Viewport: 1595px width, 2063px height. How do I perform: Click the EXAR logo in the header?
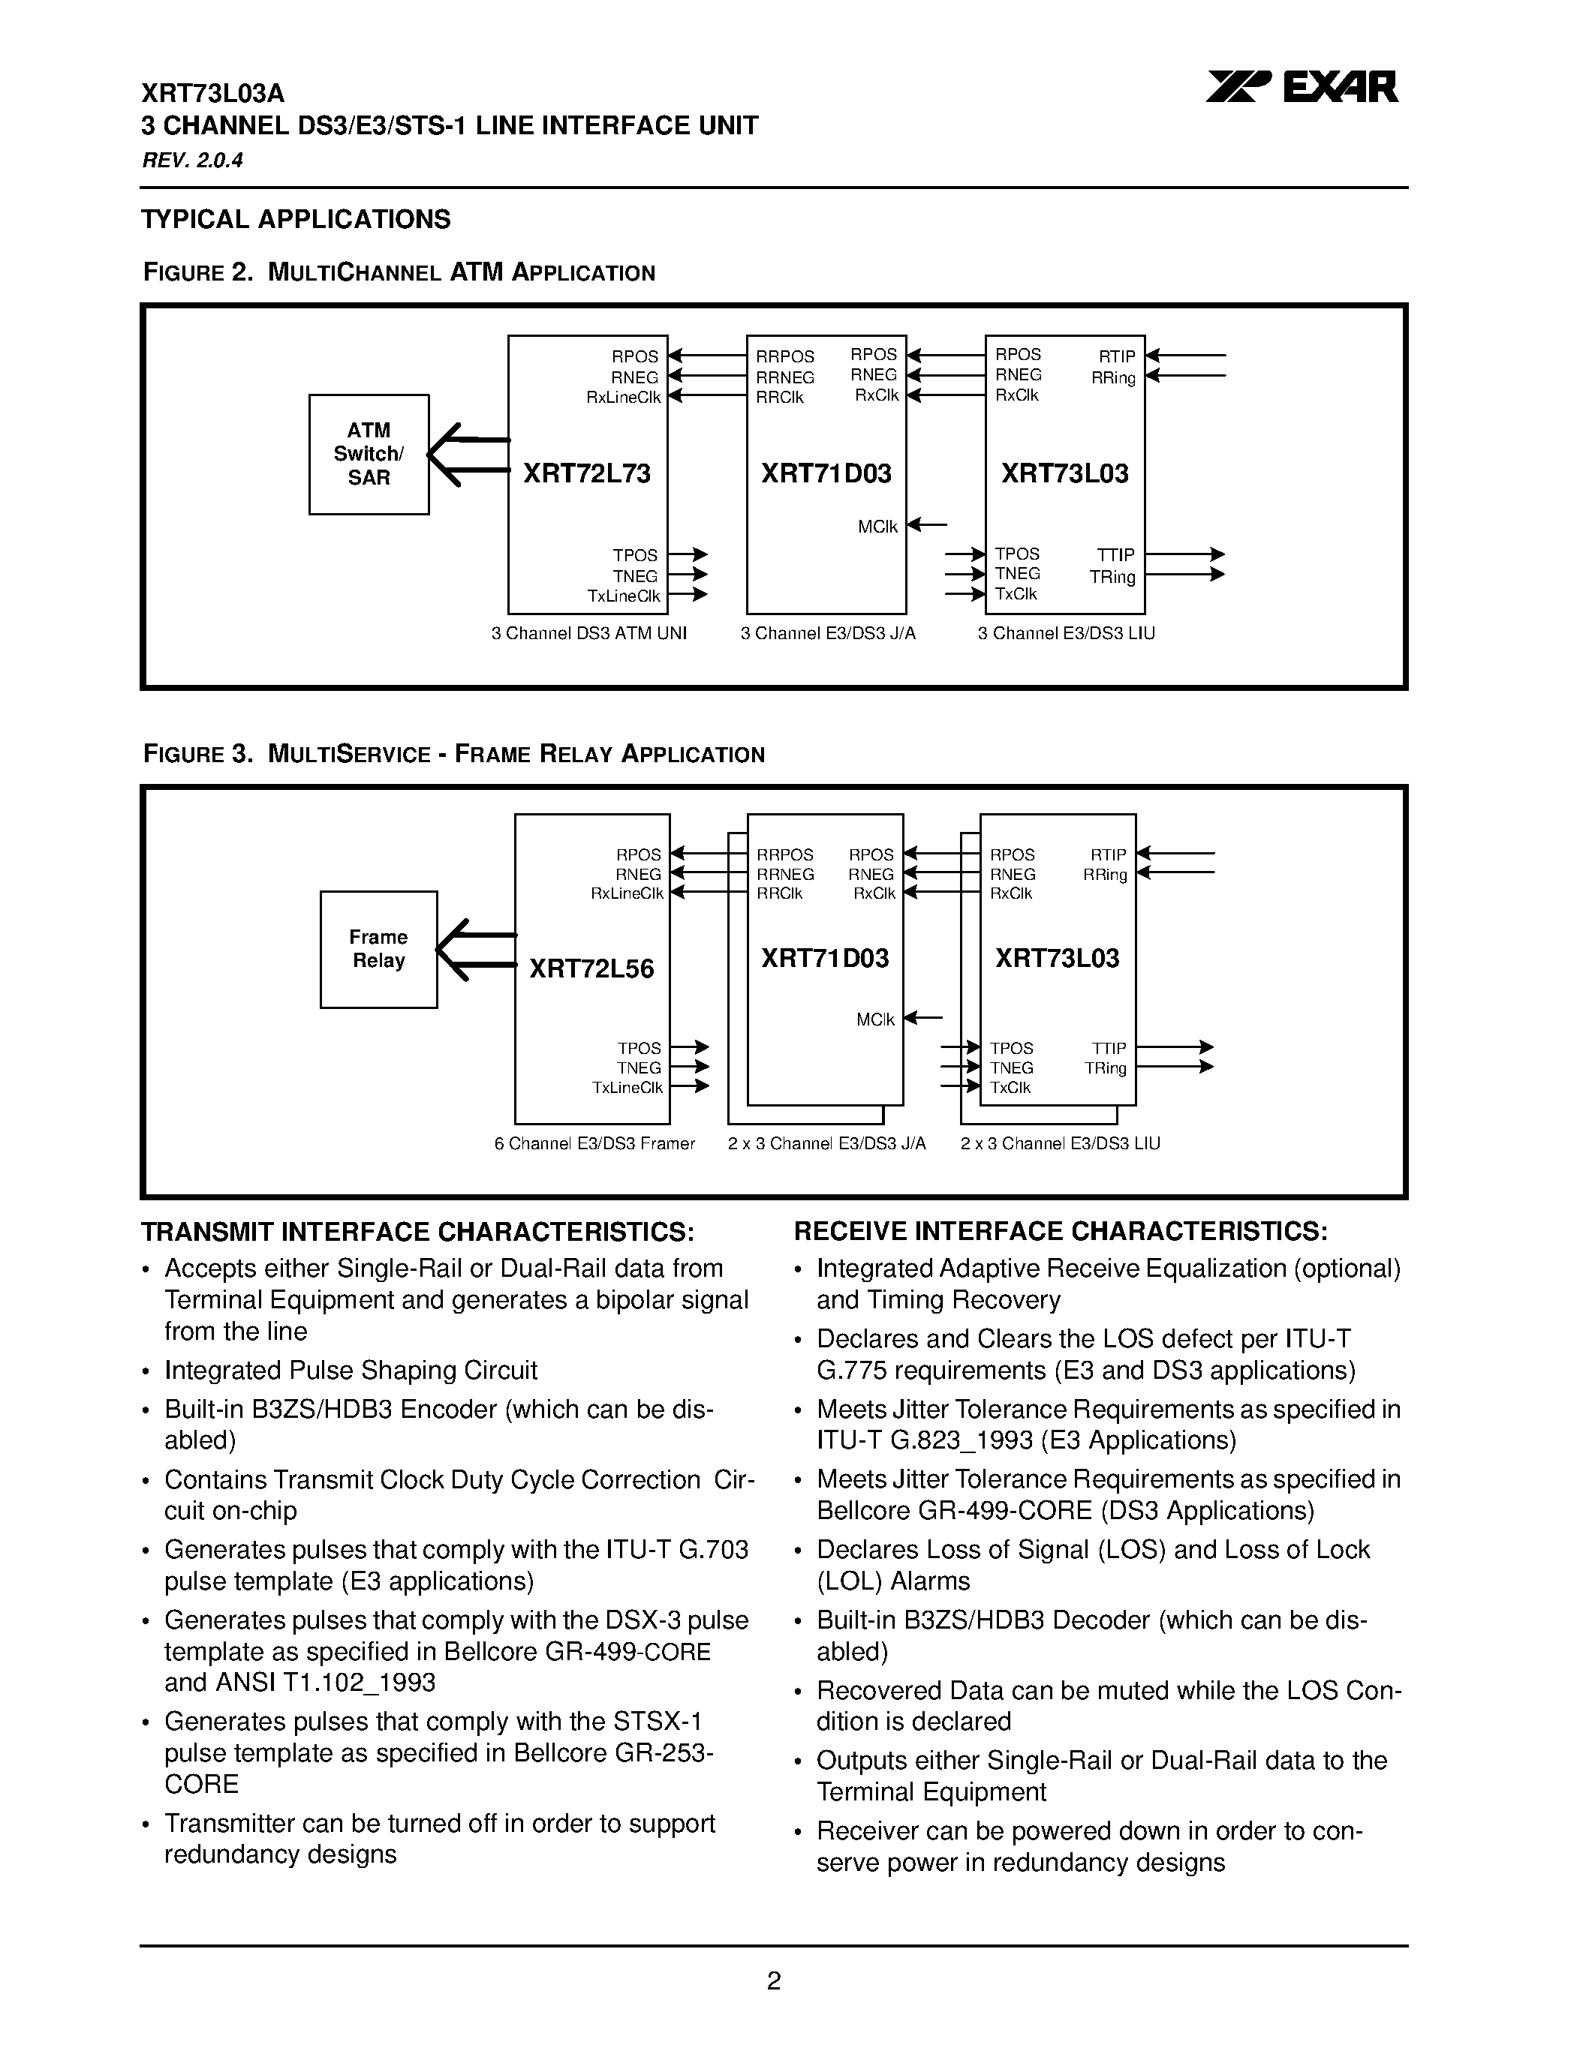(x=1302, y=88)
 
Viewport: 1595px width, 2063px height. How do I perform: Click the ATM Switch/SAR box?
(x=369, y=455)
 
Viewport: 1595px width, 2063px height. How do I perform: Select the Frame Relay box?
(x=378, y=949)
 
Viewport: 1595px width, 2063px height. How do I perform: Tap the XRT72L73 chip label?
(x=587, y=473)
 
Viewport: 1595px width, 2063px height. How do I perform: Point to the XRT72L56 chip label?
(x=591, y=968)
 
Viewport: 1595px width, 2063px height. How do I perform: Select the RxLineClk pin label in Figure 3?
(x=627, y=893)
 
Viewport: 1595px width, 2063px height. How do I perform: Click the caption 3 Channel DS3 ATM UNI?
(x=588, y=634)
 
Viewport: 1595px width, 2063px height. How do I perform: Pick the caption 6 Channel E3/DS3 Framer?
(x=594, y=1144)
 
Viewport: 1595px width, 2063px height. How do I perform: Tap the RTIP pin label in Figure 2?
(x=1116, y=357)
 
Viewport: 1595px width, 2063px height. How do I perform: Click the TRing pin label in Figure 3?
(x=1105, y=1068)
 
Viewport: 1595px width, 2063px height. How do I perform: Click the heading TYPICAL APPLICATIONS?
(x=296, y=219)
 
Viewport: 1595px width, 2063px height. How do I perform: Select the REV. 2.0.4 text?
(x=193, y=161)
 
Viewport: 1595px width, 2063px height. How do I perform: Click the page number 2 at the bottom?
(x=773, y=1980)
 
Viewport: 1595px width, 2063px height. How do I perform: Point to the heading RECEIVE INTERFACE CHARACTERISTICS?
(x=1060, y=1231)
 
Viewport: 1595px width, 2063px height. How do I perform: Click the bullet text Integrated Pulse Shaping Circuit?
(x=351, y=1370)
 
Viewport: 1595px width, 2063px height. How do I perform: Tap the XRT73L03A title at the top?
(x=212, y=94)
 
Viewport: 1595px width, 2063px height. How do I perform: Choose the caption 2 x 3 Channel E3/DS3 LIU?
(x=1060, y=1144)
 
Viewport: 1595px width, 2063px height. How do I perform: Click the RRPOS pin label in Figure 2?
(x=784, y=357)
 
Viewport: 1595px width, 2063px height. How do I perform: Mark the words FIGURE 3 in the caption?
(x=197, y=755)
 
